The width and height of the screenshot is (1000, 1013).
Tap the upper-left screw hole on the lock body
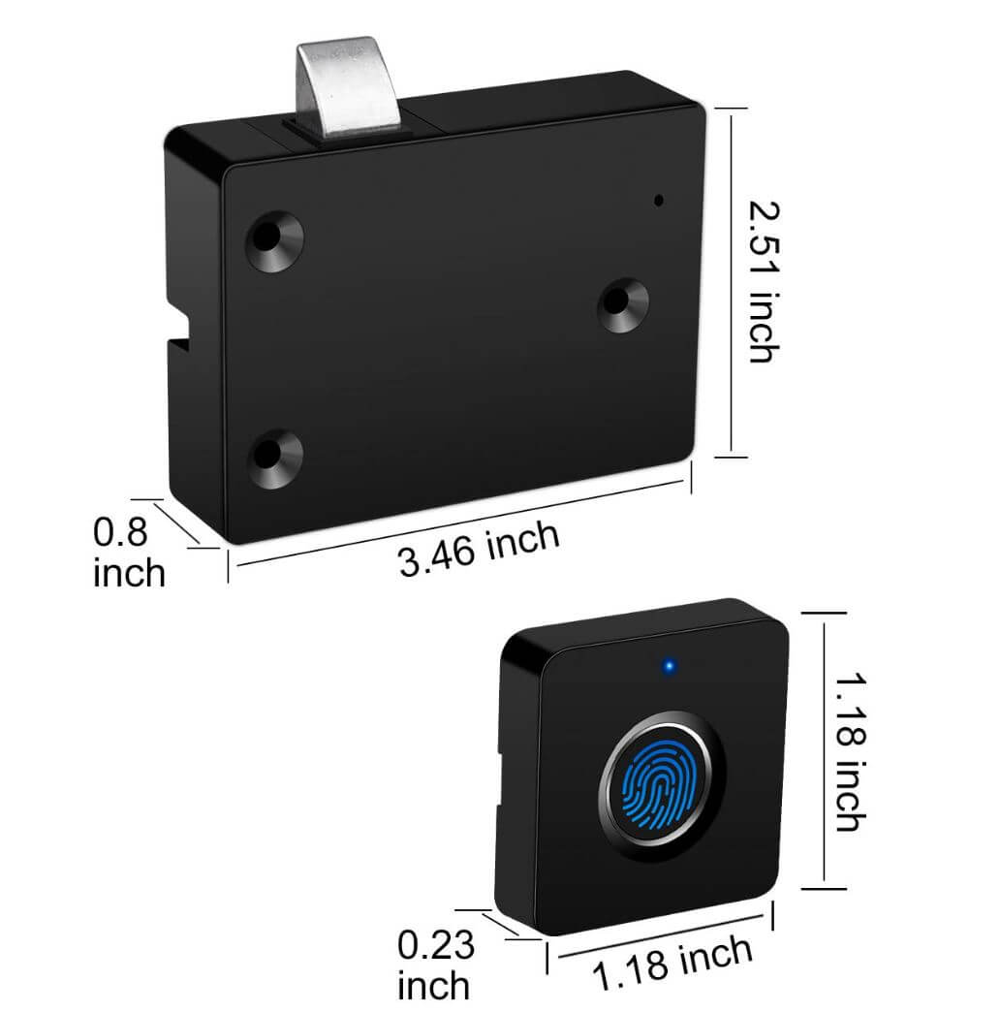click(276, 237)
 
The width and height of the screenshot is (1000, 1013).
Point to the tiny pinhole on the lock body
click(659, 202)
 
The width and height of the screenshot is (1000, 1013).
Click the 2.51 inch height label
click(765, 281)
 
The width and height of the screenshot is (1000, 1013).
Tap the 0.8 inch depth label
click(128, 553)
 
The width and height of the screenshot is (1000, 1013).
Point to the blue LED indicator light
click(668, 667)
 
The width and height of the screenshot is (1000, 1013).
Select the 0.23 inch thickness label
click(435, 964)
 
